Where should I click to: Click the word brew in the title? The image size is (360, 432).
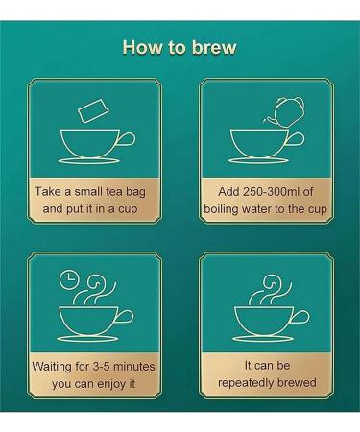214,47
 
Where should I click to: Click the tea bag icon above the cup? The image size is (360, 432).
93,110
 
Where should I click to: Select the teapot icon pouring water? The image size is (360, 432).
284,111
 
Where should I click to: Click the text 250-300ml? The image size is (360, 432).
272,191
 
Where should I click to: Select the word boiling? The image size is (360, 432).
221,209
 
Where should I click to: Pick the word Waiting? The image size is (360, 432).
52,366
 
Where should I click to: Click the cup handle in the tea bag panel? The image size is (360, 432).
128,140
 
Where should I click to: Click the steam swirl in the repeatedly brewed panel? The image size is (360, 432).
270,289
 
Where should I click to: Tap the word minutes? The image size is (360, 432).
134,366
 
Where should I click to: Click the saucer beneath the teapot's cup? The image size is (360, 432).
259,160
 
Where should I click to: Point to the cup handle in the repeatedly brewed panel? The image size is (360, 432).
300,317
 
